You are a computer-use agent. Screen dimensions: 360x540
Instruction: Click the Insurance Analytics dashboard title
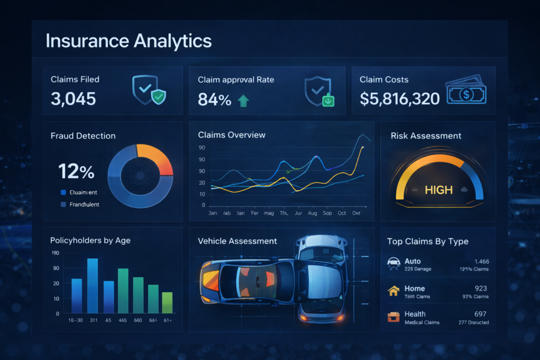pyautogui.click(x=129, y=41)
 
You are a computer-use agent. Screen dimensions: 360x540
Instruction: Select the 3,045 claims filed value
pyautogui.click(x=73, y=99)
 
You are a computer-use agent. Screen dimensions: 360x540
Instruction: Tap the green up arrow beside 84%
pyautogui.click(x=243, y=100)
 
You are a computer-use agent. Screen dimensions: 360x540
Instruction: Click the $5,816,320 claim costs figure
pyautogui.click(x=400, y=99)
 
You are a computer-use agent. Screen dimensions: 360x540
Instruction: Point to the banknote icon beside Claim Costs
pyautogui.click(x=466, y=94)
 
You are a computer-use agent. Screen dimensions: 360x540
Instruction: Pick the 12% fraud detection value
pyautogui.click(x=76, y=171)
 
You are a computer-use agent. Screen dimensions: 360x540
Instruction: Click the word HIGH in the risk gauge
pyautogui.click(x=438, y=190)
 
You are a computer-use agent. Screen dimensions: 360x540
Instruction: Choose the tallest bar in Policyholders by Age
pyautogui.click(x=92, y=286)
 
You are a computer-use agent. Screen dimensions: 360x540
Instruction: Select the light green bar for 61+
pyautogui.click(x=167, y=303)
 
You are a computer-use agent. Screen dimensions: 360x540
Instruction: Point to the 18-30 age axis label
pyautogui.click(x=76, y=320)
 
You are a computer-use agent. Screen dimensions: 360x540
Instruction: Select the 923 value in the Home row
pyautogui.click(x=480, y=289)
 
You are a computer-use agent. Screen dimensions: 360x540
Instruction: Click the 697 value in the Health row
pyautogui.click(x=480, y=314)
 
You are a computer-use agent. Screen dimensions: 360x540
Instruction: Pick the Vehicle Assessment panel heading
pyautogui.click(x=237, y=241)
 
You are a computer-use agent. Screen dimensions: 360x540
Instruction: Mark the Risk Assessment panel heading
pyautogui.click(x=426, y=136)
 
